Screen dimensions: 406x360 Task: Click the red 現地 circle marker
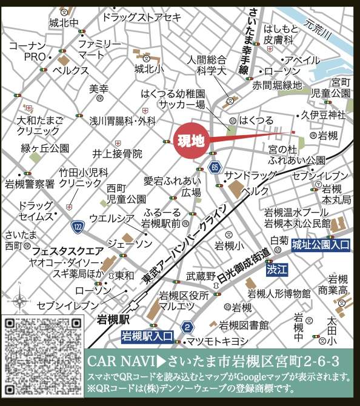click(x=190, y=142)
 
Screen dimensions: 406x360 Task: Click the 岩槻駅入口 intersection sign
click(x=147, y=335)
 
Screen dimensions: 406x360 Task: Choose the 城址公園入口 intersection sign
click(x=321, y=245)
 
